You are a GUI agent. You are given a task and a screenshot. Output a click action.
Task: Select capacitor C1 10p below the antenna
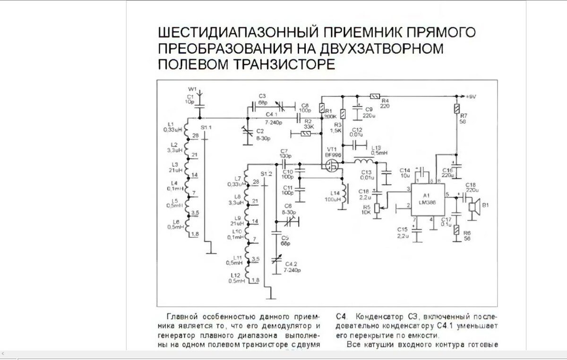(199, 110)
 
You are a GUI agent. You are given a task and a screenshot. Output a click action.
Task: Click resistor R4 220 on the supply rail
(375, 96)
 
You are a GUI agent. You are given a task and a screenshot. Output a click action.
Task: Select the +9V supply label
(470, 96)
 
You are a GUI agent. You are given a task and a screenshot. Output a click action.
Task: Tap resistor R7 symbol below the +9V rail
(457, 108)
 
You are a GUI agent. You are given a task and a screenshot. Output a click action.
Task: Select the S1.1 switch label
(206, 128)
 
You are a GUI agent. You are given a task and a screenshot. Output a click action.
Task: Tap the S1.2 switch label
(267, 174)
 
